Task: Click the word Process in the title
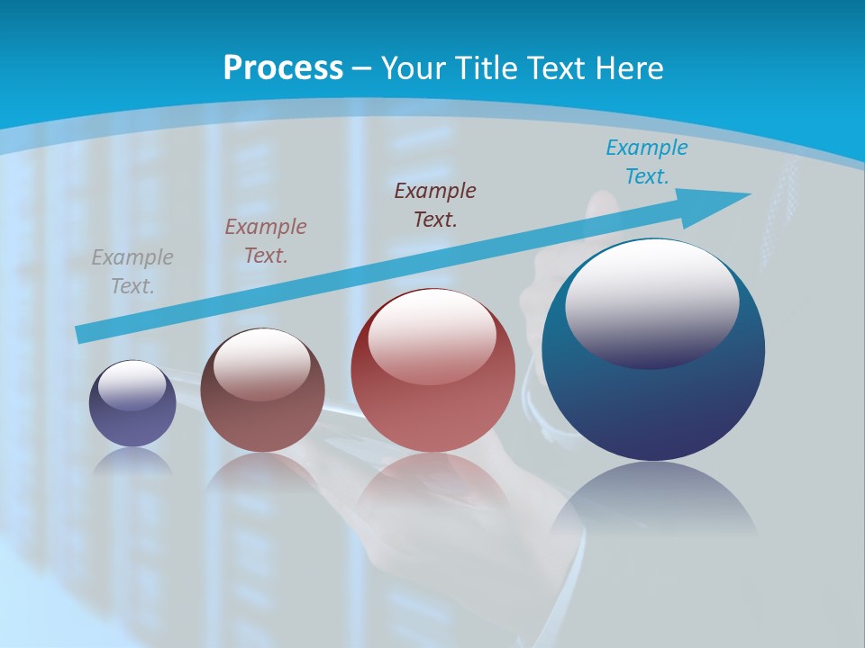pos(283,68)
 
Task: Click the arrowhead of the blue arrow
pos(725,199)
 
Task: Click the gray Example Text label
pos(132,272)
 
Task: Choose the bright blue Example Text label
pos(646,162)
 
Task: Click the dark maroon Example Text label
pos(435,204)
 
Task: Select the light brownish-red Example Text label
pos(266,241)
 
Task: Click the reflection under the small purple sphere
pos(132,462)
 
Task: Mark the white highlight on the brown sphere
pos(262,363)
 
